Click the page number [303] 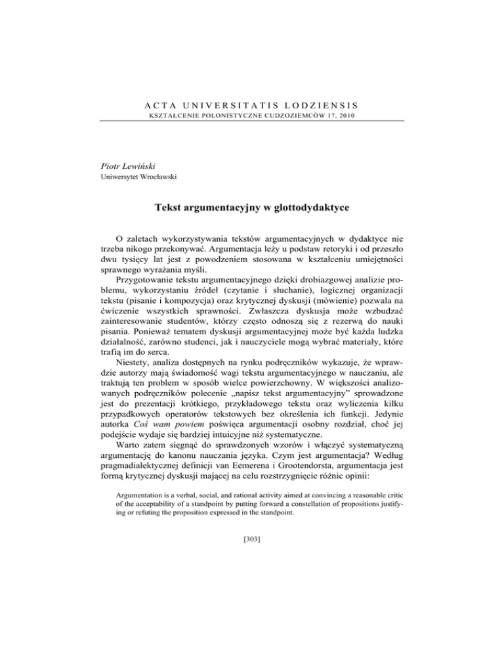(251, 614)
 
